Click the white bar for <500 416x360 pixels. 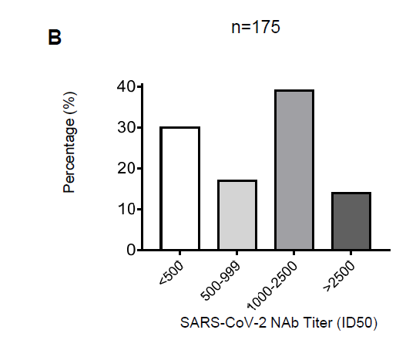pyautogui.click(x=179, y=188)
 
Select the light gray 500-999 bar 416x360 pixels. pyautogui.click(x=237, y=215)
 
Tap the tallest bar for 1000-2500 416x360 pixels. pyautogui.click(x=294, y=170)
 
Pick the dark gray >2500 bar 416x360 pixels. pyautogui.click(x=351, y=221)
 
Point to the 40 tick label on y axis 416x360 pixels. pyautogui.click(x=126, y=86)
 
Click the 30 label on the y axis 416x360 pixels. pyautogui.click(x=126, y=128)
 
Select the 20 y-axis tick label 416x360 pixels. pyautogui.click(x=126, y=168)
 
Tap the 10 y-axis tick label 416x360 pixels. pyautogui.click(x=126, y=209)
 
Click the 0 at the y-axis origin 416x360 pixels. pyautogui.click(x=131, y=250)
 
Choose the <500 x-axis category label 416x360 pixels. pyautogui.click(x=171, y=273)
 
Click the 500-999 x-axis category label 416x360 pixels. pyautogui.click(x=221, y=281)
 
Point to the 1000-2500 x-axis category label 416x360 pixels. pyautogui.click(x=273, y=285)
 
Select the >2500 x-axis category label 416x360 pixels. pyautogui.click(x=339, y=276)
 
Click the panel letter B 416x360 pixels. pyautogui.click(x=55, y=38)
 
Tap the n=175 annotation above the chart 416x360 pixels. pyautogui.click(x=256, y=27)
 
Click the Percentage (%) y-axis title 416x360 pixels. pyautogui.click(x=69, y=143)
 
